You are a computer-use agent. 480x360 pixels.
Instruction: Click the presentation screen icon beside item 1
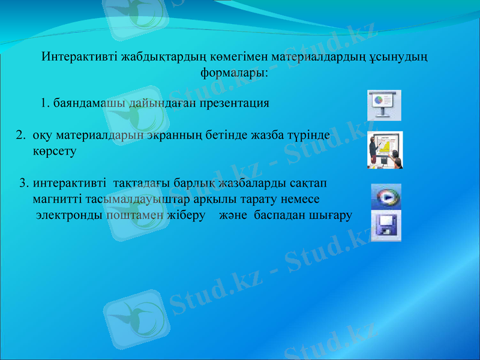point(383,105)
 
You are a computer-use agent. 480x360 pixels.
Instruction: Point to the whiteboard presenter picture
point(385,150)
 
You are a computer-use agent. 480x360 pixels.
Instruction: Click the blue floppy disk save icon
point(386,226)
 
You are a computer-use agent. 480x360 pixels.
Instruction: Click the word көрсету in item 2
point(54,152)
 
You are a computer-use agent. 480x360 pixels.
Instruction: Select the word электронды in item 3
point(69,215)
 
